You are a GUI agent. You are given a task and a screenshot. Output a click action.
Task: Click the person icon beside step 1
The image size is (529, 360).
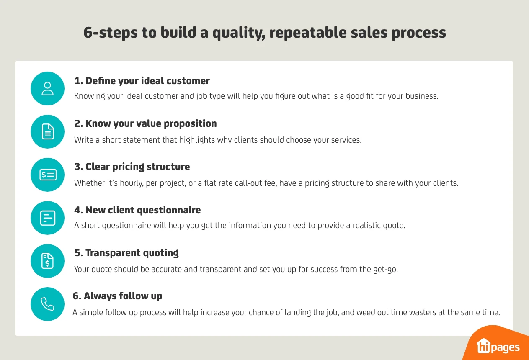pos(48,88)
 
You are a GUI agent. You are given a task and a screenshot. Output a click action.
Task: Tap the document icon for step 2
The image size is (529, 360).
pos(48,131)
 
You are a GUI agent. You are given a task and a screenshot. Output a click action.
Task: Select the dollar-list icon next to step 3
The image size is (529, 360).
pos(48,175)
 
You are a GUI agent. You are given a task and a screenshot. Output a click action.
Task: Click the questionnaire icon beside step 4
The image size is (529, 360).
pos(48,218)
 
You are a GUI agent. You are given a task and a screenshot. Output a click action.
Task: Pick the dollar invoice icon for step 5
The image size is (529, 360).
pos(48,261)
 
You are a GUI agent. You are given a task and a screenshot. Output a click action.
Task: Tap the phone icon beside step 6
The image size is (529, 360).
pos(48,304)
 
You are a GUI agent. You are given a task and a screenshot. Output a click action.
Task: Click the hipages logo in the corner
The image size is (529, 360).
pos(498,346)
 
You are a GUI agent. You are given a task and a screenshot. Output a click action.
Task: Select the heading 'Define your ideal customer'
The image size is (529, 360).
pos(142,80)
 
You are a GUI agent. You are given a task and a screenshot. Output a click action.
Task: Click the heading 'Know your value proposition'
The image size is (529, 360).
pos(145,123)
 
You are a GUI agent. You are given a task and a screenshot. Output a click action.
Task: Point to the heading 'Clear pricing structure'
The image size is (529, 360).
pos(132,167)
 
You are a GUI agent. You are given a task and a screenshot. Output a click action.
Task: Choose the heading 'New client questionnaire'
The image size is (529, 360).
pos(137,210)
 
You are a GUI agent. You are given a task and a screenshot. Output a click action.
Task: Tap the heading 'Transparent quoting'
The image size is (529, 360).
pos(126,253)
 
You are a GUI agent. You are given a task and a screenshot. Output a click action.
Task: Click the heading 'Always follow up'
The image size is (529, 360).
pos(117,296)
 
